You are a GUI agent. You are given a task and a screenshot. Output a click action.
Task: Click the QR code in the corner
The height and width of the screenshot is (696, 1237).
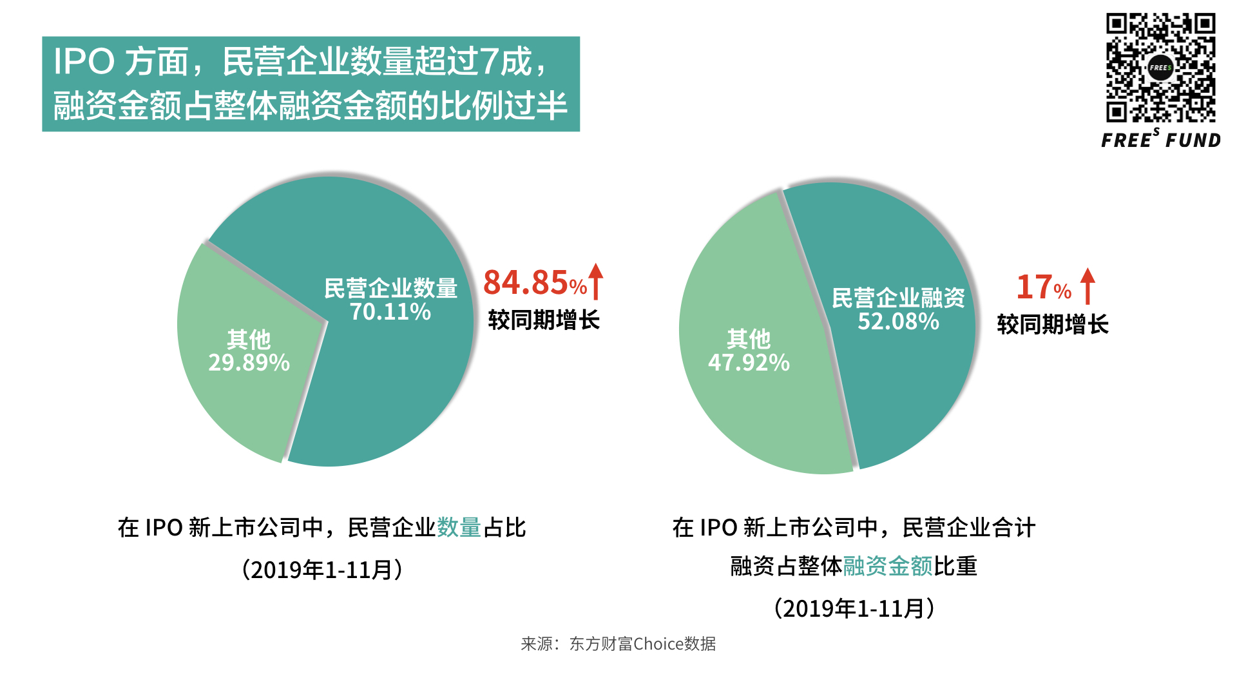(1160, 68)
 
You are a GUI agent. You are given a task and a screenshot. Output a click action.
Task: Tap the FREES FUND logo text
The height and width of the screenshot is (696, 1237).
(1161, 140)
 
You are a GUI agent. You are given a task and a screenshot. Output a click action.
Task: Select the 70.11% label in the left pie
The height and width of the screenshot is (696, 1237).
(390, 312)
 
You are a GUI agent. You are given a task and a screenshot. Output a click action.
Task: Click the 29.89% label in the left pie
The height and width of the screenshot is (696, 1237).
(249, 363)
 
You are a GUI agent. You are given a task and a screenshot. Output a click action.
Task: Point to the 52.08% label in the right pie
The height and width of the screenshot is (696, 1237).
(898, 322)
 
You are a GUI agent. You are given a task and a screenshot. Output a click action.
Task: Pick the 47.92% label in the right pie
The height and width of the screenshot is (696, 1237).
(749, 363)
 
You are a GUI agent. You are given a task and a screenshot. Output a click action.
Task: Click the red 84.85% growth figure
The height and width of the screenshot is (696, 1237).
(535, 283)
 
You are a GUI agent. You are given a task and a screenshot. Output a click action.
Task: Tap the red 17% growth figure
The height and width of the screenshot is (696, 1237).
(1043, 287)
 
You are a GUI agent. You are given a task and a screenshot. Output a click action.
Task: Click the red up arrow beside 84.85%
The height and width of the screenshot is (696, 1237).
(596, 282)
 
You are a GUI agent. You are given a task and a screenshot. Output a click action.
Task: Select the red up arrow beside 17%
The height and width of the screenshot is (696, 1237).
(1088, 285)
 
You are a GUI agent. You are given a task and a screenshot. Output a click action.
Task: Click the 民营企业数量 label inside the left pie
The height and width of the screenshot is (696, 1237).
(390, 288)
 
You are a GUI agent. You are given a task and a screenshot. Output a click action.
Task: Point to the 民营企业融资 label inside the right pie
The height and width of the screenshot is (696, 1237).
(898, 298)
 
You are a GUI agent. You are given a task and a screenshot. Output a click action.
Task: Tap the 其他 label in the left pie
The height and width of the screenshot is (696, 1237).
(249, 339)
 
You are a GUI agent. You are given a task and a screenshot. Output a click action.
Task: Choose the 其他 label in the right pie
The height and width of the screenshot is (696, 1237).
(749, 338)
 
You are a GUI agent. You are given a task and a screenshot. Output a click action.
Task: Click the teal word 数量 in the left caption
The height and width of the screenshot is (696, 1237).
(459, 528)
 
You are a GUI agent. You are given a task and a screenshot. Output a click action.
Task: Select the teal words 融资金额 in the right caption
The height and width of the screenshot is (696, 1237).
(887, 566)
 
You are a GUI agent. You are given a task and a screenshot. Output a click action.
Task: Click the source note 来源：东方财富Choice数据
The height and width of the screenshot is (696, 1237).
(618, 644)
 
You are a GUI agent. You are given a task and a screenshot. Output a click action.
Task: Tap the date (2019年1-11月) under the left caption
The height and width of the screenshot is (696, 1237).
(322, 570)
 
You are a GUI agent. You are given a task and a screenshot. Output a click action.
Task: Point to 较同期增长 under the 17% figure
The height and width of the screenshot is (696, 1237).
(1052, 324)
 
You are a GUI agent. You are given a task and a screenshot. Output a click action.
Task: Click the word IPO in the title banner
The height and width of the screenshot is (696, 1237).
(84, 63)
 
